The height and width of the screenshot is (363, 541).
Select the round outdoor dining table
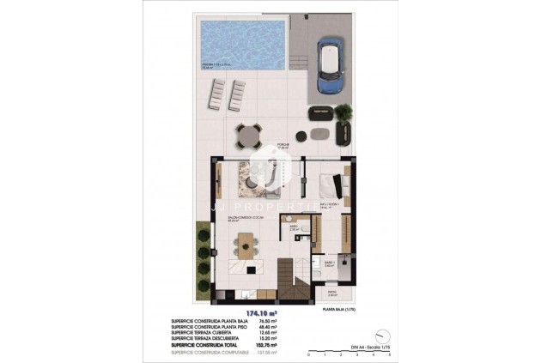pos(249,133)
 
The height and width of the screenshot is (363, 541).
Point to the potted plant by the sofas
pos(344,112)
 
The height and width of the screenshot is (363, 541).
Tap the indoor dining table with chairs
pos(246,251)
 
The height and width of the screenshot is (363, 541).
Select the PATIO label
pos(333,293)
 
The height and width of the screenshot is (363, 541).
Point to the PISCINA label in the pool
pos(215,64)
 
